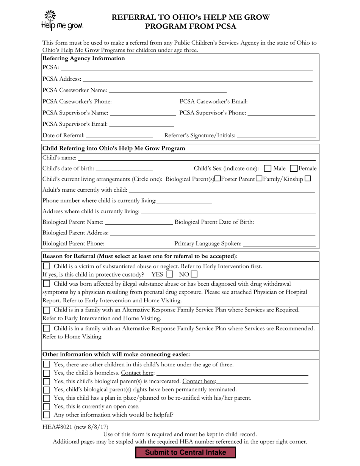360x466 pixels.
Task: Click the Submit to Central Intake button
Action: [186, 452]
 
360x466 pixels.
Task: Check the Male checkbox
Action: [268, 168]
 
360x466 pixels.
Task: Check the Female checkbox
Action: [294, 168]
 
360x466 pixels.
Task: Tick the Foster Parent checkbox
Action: [259, 178]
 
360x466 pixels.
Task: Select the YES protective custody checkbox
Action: [170, 274]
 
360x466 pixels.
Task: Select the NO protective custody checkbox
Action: [194, 274]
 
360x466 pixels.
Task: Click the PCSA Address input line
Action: [197, 79]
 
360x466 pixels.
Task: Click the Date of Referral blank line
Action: [119, 136]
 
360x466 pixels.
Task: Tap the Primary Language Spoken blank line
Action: [279, 244]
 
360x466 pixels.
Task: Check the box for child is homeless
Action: [46, 373]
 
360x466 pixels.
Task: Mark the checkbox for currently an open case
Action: [46, 407]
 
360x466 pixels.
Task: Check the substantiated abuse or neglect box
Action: [46, 266]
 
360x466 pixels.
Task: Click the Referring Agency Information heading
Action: [84, 58]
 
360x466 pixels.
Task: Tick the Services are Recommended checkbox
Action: [46, 328]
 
